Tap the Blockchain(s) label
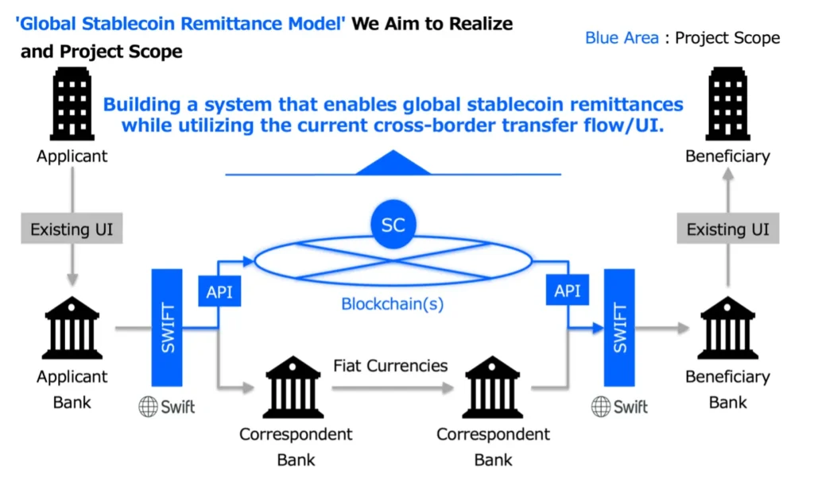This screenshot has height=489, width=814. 393,303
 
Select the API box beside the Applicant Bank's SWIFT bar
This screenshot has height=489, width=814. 219,291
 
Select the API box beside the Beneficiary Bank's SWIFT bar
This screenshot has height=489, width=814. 568,291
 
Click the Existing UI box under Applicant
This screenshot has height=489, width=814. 72,230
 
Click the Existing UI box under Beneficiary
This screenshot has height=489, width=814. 728,230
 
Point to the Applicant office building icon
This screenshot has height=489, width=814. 72,104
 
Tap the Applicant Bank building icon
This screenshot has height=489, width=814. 72,327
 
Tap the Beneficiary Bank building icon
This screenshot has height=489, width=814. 728,327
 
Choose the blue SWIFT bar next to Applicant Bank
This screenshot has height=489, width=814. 167,327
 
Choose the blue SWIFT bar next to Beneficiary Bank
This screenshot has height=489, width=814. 619,327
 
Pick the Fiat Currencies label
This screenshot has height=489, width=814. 390,366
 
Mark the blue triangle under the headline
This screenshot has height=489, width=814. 393,164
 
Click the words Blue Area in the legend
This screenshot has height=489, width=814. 622,37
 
